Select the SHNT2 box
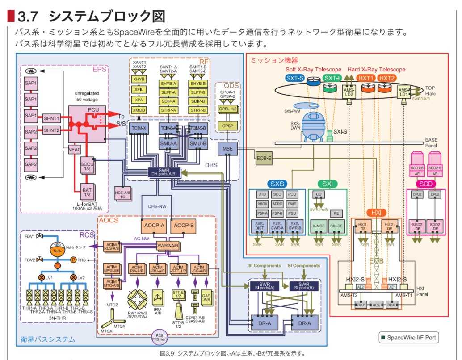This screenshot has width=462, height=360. (x=51, y=130)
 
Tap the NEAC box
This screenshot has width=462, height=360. (x=75, y=151)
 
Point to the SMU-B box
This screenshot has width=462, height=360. (x=197, y=143)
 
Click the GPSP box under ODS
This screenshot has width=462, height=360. (x=227, y=126)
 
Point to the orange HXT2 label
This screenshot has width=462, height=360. (x=386, y=78)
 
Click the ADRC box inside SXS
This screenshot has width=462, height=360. (x=277, y=203)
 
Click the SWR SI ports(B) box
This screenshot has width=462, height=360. (x=304, y=286)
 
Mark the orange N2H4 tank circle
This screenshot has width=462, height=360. (x=57, y=251)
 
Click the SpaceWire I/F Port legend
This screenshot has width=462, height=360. (x=407, y=338)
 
